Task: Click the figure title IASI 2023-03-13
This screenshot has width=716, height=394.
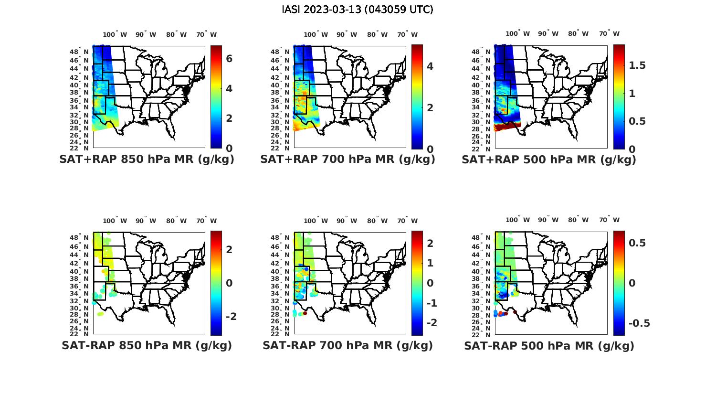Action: (x=358, y=10)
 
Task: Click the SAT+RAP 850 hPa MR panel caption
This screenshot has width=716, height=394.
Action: (x=147, y=160)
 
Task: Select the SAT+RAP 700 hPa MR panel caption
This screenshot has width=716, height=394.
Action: (x=347, y=160)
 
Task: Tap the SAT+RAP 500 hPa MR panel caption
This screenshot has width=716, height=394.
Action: (x=549, y=160)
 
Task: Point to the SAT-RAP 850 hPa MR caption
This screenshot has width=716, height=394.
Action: (x=147, y=345)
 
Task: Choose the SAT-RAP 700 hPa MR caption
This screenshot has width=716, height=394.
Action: (x=347, y=345)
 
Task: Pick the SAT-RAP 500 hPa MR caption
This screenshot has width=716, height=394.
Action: (x=549, y=346)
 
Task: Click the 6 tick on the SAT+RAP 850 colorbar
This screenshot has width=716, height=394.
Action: (x=229, y=59)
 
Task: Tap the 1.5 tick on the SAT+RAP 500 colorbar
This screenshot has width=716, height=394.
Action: (x=637, y=65)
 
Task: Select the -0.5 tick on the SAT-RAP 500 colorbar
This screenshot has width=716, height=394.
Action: (x=639, y=323)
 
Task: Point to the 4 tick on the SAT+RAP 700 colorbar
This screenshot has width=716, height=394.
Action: (x=430, y=66)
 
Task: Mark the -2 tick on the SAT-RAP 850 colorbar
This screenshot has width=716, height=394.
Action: (x=229, y=317)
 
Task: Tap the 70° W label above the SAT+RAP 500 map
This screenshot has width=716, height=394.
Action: (x=609, y=33)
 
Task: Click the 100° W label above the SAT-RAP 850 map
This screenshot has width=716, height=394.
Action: (x=115, y=221)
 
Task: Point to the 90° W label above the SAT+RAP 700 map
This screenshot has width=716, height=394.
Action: (x=347, y=34)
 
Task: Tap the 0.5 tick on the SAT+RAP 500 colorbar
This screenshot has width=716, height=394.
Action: (x=637, y=121)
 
